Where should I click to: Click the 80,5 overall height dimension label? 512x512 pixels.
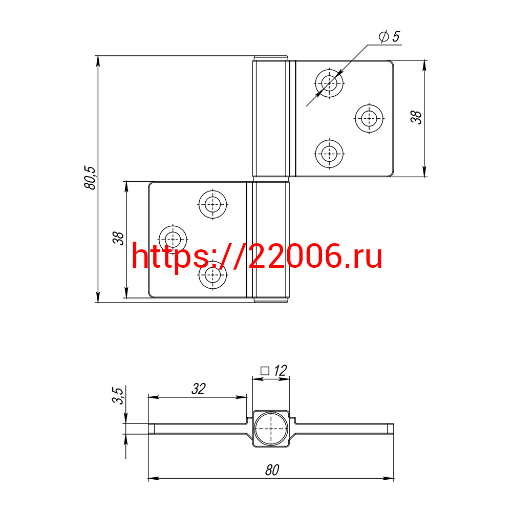[x=90, y=178]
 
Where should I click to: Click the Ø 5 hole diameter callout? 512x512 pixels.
[x=389, y=36]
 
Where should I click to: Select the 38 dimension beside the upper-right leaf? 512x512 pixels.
[x=416, y=117]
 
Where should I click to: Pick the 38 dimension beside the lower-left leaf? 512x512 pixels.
[x=118, y=238]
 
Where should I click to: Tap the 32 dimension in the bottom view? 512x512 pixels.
[x=199, y=389]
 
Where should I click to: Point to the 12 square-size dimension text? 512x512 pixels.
[x=280, y=371]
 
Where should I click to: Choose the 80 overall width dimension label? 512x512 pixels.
[x=272, y=470]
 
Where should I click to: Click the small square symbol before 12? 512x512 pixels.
[x=265, y=371]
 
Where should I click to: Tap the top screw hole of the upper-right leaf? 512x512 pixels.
[x=329, y=83]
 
